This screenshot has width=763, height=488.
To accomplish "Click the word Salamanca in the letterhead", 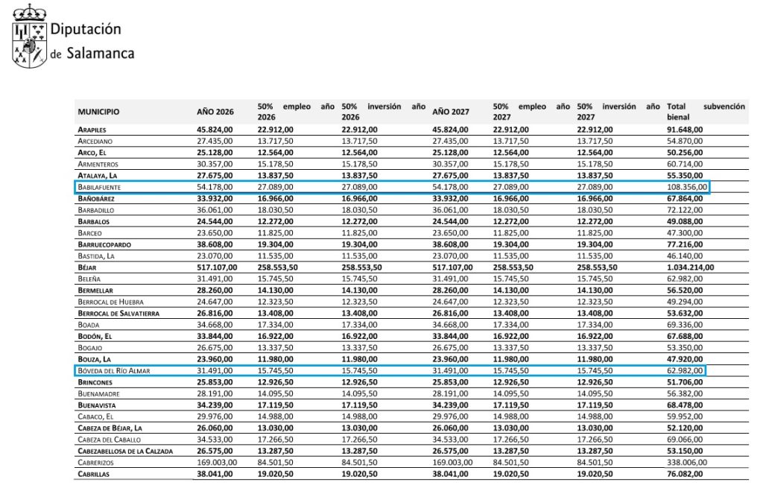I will coord(100,54).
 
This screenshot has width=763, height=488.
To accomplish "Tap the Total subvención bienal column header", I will coord(705,112).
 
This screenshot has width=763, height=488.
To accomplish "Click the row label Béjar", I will coord(87,267).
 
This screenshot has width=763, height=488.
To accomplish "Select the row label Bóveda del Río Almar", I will coord(114,370).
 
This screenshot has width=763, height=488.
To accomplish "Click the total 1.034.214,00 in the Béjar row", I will coord(690,267).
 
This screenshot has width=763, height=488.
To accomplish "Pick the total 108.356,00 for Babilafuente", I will coord(687,187).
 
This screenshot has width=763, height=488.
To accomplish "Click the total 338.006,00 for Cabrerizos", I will coord(687,462).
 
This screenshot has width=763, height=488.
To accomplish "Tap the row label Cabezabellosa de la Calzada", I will coord(125,451).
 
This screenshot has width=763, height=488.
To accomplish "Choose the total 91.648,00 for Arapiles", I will coord(685,130).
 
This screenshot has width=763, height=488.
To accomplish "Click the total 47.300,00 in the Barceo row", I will coord(685,232).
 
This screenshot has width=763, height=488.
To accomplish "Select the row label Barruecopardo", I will coord(107,244).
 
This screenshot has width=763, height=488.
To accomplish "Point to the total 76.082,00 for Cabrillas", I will coord(685,473).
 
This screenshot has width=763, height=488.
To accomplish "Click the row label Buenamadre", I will coord(99,393).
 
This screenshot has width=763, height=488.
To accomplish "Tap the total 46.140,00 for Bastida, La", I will coord(685,256).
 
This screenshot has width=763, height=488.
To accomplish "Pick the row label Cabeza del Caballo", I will coord(110,440).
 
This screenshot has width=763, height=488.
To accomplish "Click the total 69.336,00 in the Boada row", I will coord(685,324).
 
